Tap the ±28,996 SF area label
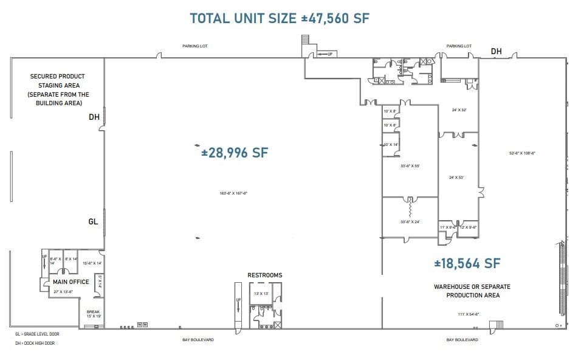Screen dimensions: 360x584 pyautogui.click(x=235, y=153)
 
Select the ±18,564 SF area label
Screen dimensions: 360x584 pyautogui.click(x=467, y=263)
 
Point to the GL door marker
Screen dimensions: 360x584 pyautogui.click(x=93, y=222)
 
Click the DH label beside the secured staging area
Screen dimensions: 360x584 pyautogui.click(x=94, y=117)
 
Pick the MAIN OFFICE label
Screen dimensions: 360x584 pyautogui.click(x=70, y=282)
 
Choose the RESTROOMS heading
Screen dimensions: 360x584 pyautogui.click(x=264, y=275)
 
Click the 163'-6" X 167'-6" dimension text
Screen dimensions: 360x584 pyautogui.click(x=233, y=193)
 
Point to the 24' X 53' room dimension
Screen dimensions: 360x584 pyautogui.click(x=456, y=178)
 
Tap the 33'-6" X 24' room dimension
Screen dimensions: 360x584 pyautogui.click(x=410, y=222)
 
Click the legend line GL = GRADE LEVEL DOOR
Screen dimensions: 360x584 pyautogui.click(x=37, y=334)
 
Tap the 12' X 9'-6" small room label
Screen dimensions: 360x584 pyautogui.click(x=469, y=227)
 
